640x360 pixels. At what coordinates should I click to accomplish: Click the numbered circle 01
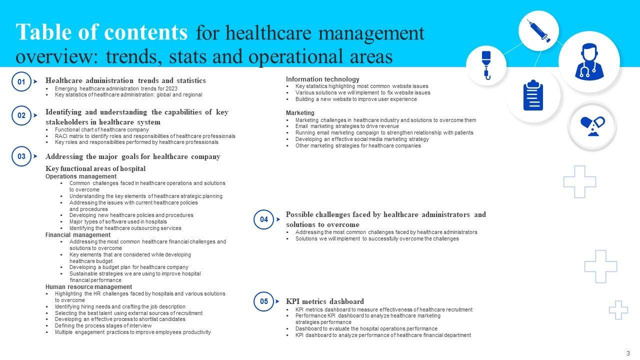coord(21,81)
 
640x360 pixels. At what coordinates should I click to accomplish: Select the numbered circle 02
coord(21,115)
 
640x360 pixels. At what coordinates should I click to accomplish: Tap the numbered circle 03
coord(21,156)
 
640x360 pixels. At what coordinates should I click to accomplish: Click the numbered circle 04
coord(264,219)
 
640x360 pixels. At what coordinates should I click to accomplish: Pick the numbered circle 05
coord(264,301)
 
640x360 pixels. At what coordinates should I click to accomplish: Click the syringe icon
coord(538,31)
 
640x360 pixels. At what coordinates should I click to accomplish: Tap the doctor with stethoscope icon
coord(589,62)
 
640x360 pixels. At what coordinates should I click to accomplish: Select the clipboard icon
coord(533,95)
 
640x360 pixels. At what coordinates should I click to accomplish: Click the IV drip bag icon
coord(486,65)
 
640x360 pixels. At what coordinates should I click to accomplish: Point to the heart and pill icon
coord(592,126)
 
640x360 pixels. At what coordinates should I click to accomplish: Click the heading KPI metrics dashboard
coord(324,301)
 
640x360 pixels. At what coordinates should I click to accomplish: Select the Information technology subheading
coord(322,79)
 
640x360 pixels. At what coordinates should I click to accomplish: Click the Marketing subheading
coord(300,113)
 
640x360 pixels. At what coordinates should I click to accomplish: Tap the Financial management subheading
coord(78,235)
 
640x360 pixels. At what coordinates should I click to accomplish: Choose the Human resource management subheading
coord(88,287)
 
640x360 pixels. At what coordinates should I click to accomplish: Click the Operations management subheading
coord(81,176)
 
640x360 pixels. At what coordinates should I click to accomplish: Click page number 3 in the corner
coord(628,352)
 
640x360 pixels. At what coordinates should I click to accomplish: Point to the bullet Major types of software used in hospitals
coord(118,221)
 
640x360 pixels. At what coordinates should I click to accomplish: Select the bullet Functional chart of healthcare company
coord(101,129)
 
